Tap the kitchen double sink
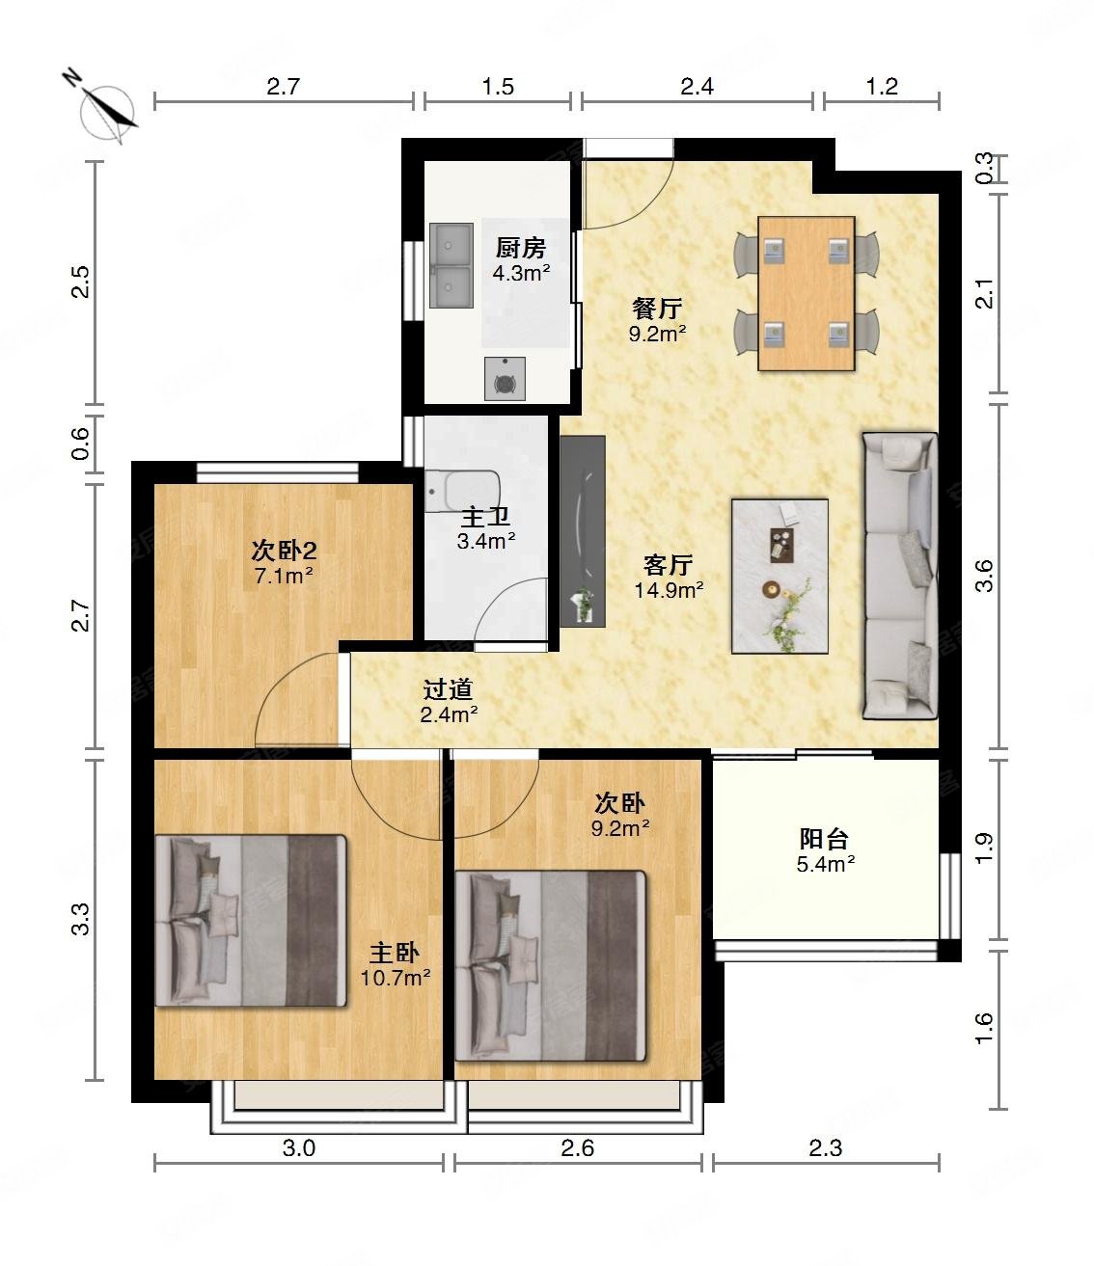(451, 265)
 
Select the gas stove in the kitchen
(505, 379)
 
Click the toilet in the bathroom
(463, 490)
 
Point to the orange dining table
(806, 293)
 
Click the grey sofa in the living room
(900, 575)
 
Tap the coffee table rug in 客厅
(779, 576)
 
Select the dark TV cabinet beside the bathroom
(583, 531)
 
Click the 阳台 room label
(824, 839)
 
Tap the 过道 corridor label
(448, 689)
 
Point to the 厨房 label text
(520, 248)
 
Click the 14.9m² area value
(669, 590)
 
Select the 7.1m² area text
(284, 576)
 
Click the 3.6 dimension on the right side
(984, 576)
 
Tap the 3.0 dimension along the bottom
(299, 1147)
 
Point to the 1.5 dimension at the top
(498, 87)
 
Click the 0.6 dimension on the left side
(81, 444)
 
